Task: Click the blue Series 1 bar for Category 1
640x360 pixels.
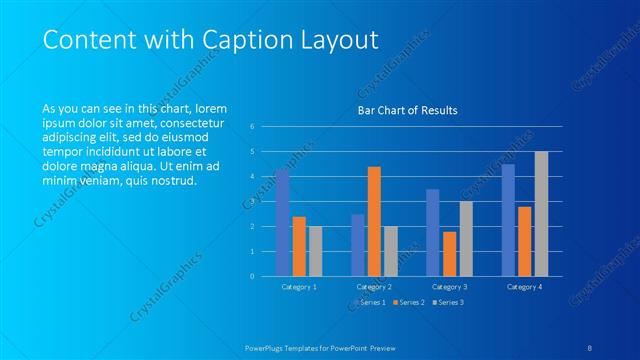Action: click(x=283, y=222)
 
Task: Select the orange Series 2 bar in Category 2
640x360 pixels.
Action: click(x=374, y=221)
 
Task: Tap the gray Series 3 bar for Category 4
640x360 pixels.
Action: click(x=541, y=213)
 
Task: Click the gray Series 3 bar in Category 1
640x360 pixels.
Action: click(x=316, y=251)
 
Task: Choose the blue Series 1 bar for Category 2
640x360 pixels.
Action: click(x=358, y=245)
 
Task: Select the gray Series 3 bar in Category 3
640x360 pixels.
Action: click(x=466, y=238)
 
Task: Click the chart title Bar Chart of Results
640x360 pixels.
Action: click(x=407, y=111)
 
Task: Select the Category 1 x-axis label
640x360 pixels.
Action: click(x=299, y=287)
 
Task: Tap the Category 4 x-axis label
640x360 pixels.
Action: click(x=524, y=287)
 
